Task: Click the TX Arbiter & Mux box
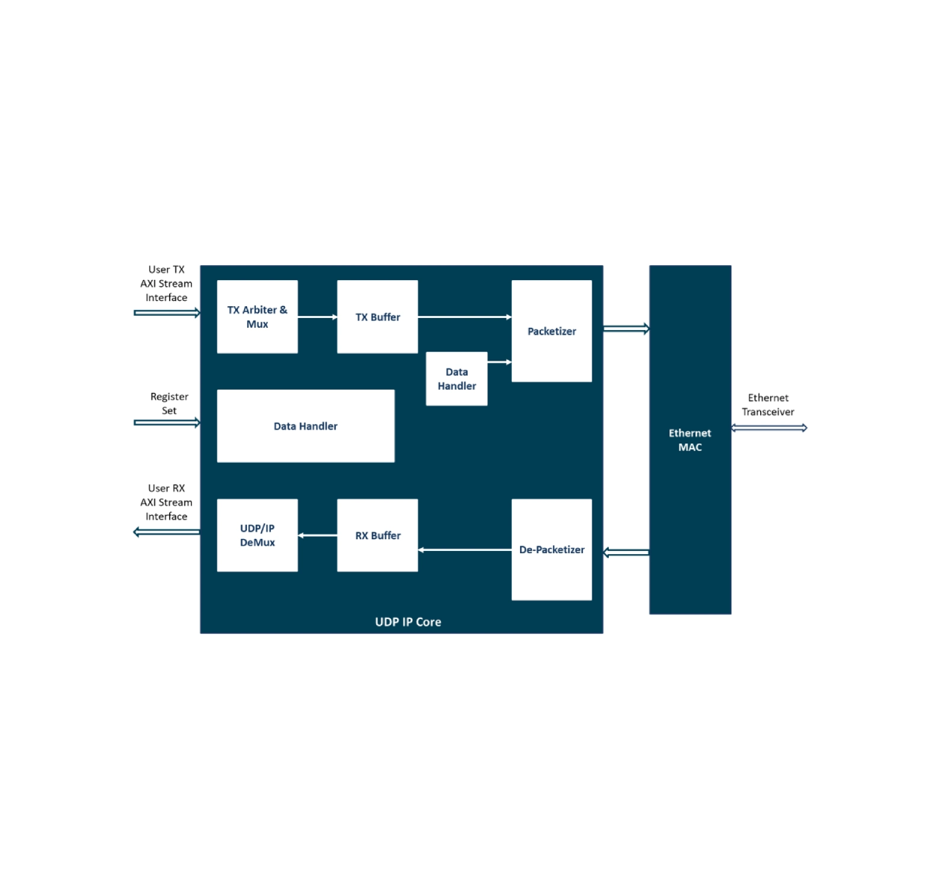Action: pyautogui.click(x=257, y=317)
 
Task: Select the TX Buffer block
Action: pyautogui.click(x=377, y=317)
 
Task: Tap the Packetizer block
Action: pyautogui.click(x=551, y=331)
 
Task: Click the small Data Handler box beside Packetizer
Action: pyautogui.click(x=457, y=379)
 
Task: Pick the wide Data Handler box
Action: pyautogui.click(x=306, y=426)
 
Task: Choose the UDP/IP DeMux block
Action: pyautogui.click(x=257, y=535)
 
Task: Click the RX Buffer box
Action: pyautogui.click(x=377, y=535)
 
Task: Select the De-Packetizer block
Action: pyautogui.click(x=551, y=550)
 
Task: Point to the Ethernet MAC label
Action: pyautogui.click(x=690, y=440)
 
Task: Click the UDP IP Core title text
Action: pyautogui.click(x=407, y=621)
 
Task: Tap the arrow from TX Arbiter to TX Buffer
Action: pyautogui.click(x=317, y=317)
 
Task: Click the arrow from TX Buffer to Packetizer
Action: pyautogui.click(x=465, y=317)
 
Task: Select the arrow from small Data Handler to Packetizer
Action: pyautogui.click(x=500, y=362)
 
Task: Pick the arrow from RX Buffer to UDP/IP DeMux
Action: pyautogui.click(x=317, y=535)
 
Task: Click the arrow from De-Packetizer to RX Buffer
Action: pyautogui.click(x=465, y=550)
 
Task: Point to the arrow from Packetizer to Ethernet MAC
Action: pyautogui.click(x=626, y=329)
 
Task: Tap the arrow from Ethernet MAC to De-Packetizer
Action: pyautogui.click(x=626, y=552)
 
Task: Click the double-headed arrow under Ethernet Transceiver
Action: pyautogui.click(x=769, y=428)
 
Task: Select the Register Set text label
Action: pyautogui.click(x=169, y=403)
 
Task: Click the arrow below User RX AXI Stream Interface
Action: pyautogui.click(x=166, y=532)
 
